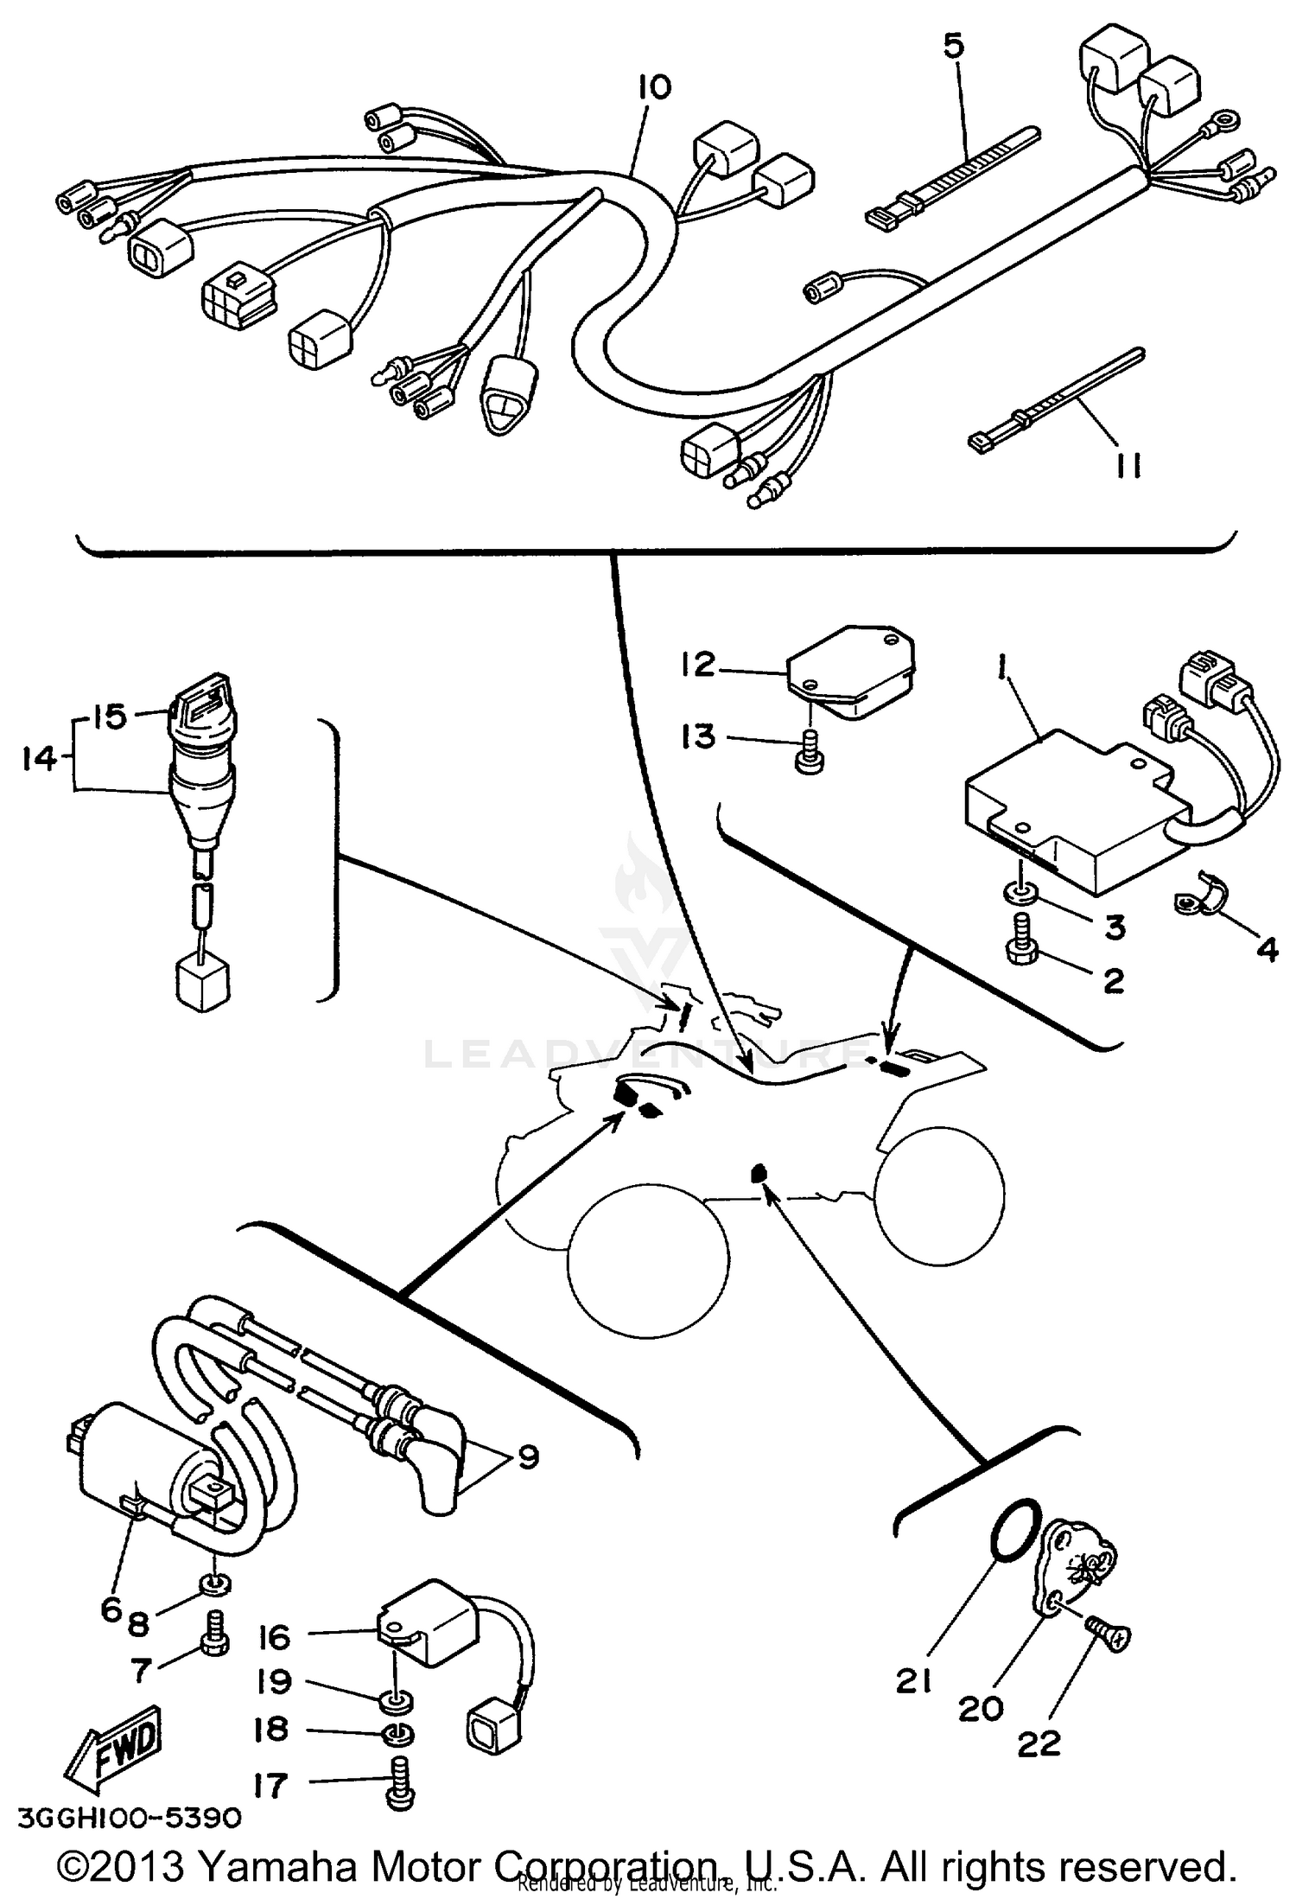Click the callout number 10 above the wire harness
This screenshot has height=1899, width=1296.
tap(655, 88)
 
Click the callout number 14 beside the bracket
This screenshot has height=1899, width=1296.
tap(37, 760)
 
